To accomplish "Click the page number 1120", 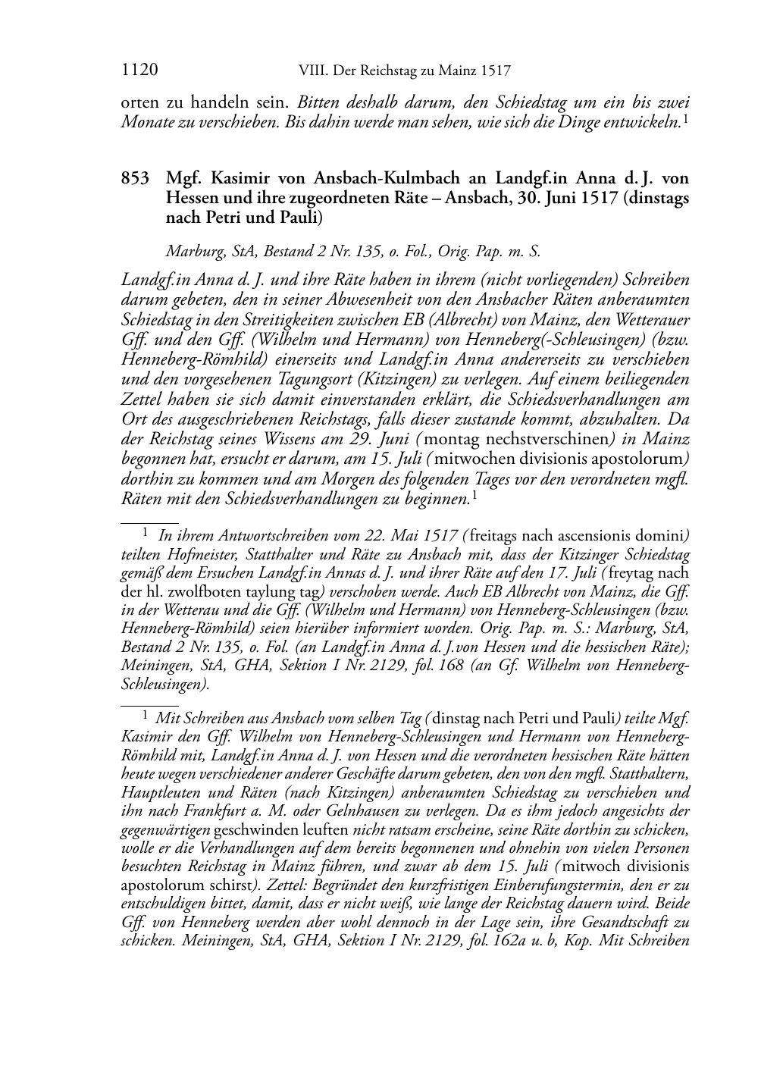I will pos(139,71).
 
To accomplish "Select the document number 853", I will pos(135,180).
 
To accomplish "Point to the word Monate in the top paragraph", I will pos(146,121).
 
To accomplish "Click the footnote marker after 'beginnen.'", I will pos(474,494).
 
